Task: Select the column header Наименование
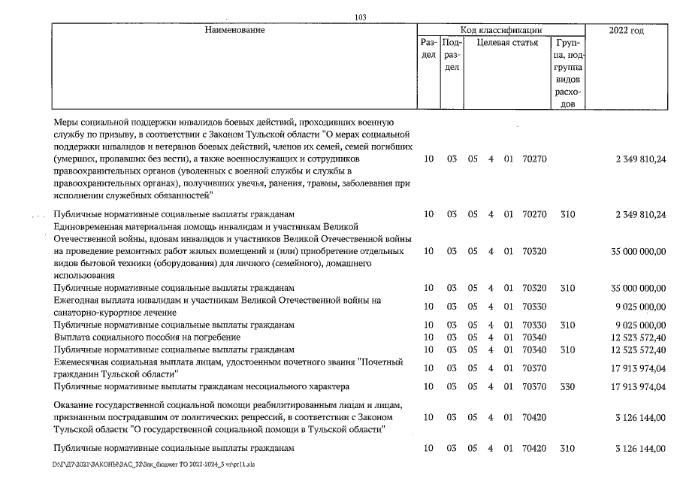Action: pos(235,29)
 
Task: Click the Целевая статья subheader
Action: pos(512,43)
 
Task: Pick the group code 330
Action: pos(567,387)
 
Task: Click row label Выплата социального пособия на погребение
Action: pos(147,337)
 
